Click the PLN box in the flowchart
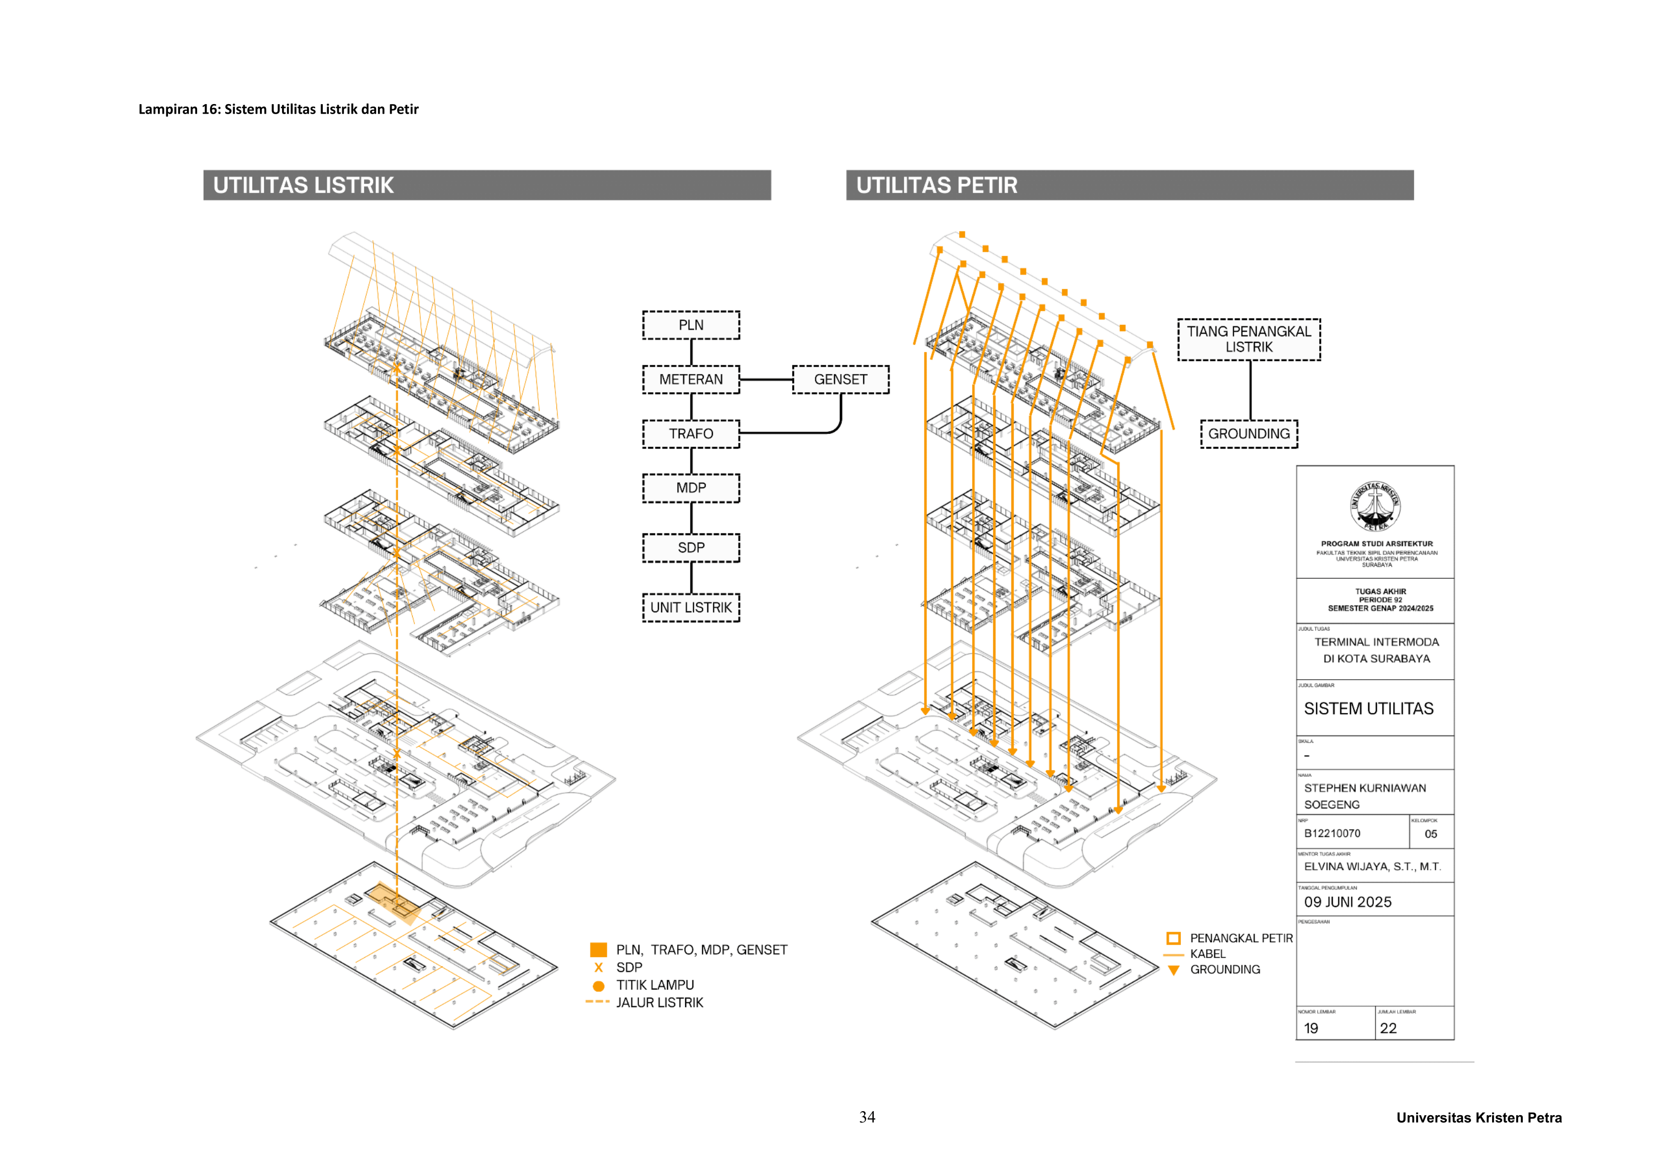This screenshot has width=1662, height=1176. tap(691, 325)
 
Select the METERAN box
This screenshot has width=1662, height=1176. tap(691, 380)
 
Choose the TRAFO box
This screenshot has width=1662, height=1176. tap(691, 434)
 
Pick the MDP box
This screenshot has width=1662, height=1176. tap(691, 488)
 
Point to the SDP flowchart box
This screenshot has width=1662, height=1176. tap(691, 548)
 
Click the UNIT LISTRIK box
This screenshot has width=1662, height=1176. tap(691, 607)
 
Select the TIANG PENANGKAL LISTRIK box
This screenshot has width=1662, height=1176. tap(1249, 339)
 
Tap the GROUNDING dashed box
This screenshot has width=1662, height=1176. tap(1249, 434)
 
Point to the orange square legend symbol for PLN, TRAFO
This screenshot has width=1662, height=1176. tap(599, 949)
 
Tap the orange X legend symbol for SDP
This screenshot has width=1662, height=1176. tap(599, 967)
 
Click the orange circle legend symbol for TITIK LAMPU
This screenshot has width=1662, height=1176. tap(599, 985)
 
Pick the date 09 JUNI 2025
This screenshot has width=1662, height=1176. tap(1347, 902)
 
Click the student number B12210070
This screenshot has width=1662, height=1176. tap(1332, 834)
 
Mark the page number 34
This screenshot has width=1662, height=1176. tap(867, 1117)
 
